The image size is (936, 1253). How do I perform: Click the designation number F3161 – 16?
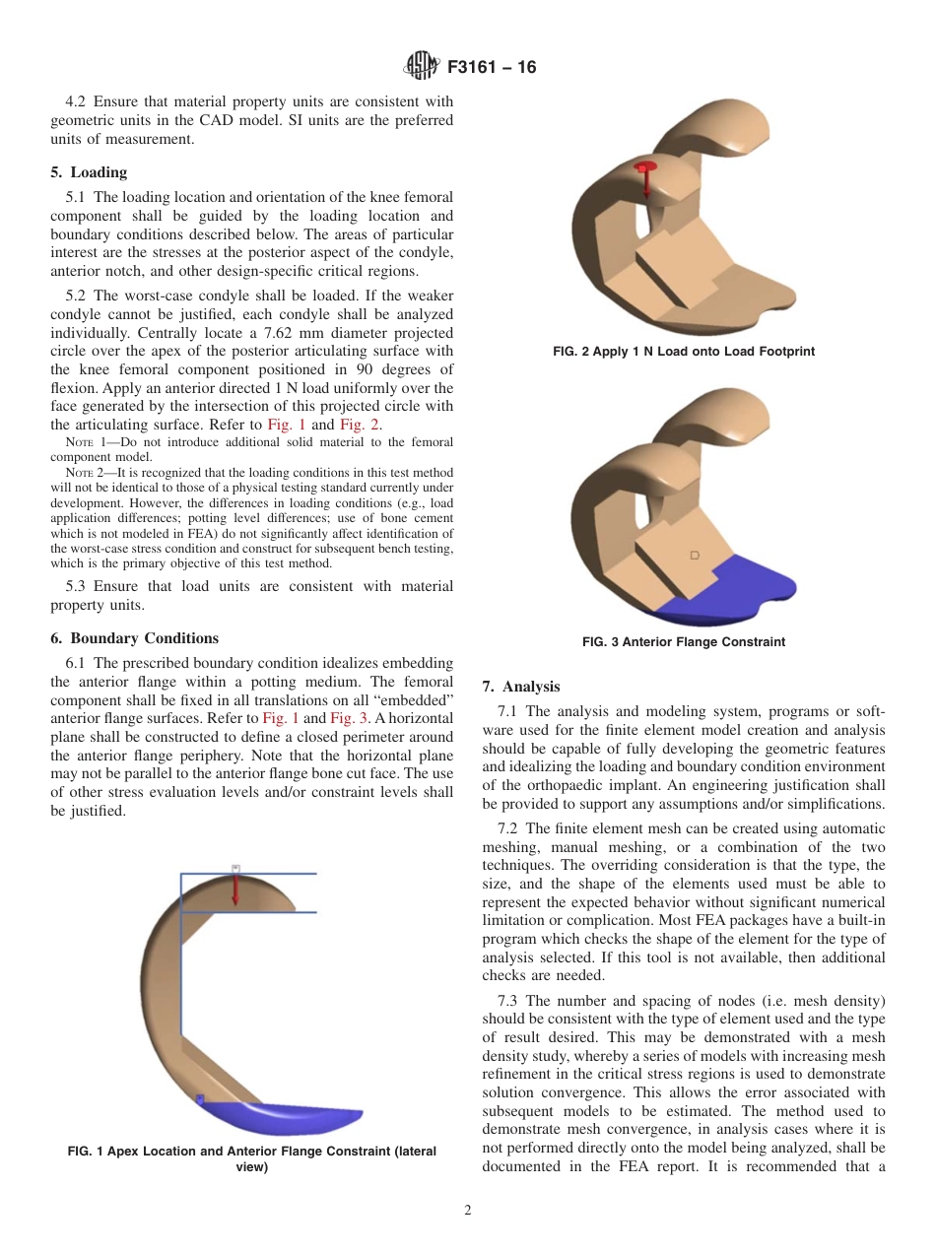[492, 68]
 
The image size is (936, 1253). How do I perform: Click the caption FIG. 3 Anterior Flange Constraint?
[683, 642]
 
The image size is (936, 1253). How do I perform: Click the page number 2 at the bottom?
[468, 1211]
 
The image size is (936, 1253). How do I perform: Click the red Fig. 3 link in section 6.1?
[348, 718]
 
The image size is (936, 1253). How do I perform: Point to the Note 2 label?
[83, 473]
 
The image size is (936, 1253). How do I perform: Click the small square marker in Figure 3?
[695, 557]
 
